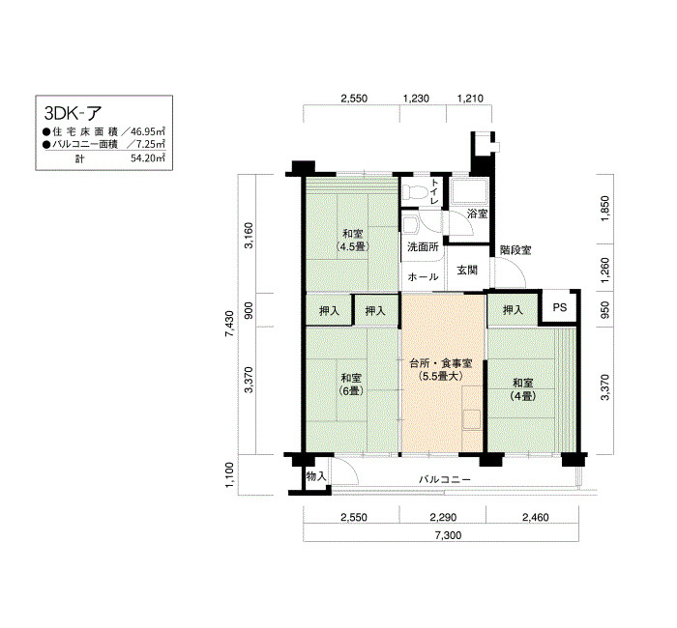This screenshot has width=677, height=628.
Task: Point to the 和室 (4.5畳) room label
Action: click(x=351, y=241)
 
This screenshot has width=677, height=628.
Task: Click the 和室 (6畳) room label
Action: click(x=351, y=385)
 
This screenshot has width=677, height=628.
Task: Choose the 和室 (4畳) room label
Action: click(x=524, y=389)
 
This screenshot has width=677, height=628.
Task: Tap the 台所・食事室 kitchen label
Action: click(x=440, y=370)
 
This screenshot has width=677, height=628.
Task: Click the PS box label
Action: click(x=559, y=309)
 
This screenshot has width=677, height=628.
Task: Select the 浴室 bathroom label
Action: click(x=477, y=213)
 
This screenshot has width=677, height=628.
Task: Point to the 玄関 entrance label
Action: click(x=467, y=271)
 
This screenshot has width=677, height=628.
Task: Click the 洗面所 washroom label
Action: click(x=422, y=247)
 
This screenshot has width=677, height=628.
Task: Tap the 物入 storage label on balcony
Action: click(x=316, y=477)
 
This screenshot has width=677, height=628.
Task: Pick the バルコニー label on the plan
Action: click(x=444, y=479)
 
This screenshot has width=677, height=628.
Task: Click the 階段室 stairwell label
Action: click(x=515, y=249)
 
